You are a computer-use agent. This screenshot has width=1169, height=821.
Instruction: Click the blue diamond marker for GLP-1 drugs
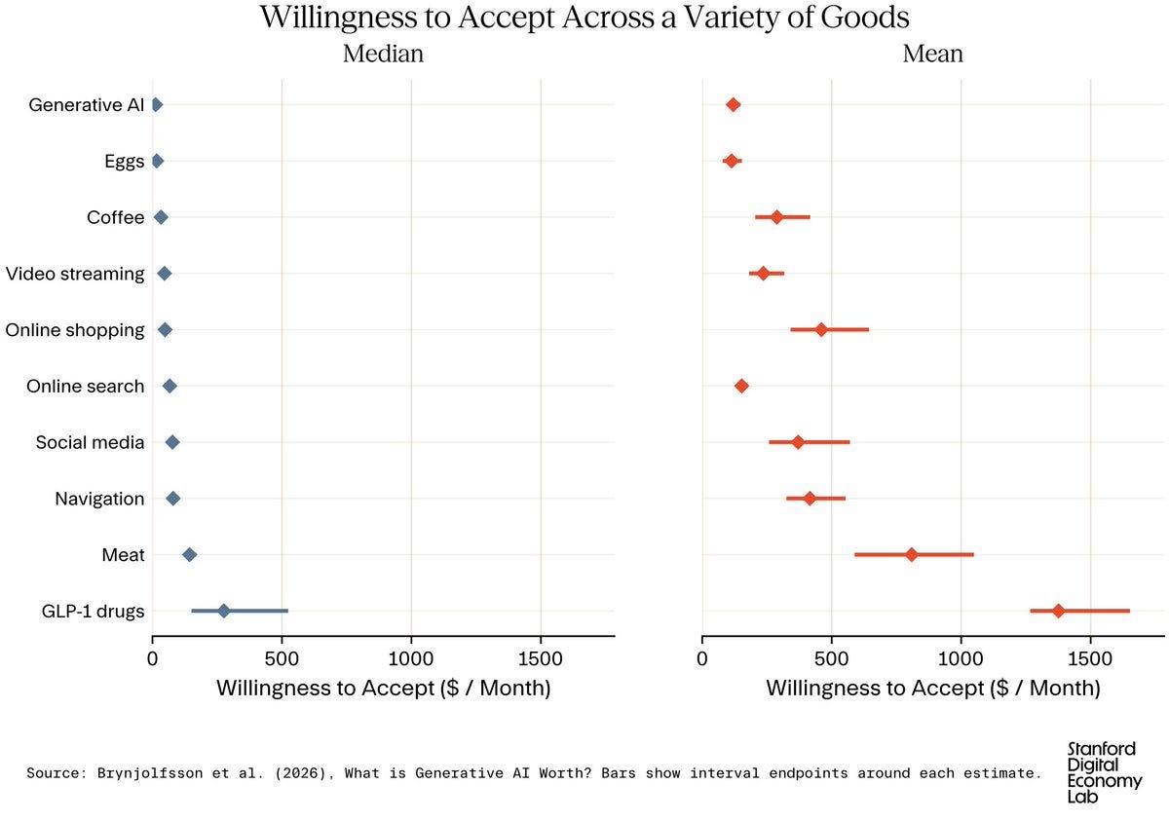[x=223, y=612]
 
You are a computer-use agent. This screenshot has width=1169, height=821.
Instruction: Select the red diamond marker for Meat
[x=911, y=555]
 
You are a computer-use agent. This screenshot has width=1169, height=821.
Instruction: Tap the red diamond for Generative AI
[x=734, y=105]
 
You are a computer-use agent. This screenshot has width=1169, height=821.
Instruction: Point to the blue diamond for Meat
[x=189, y=555]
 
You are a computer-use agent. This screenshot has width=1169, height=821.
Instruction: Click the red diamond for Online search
[x=741, y=387]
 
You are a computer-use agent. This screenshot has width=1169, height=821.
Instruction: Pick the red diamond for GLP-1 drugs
[x=1058, y=612]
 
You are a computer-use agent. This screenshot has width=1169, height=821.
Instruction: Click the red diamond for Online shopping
[x=821, y=330]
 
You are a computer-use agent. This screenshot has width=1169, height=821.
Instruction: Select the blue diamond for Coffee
[x=161, y=217]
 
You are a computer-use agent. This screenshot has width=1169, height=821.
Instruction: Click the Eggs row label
[x=125, y=162]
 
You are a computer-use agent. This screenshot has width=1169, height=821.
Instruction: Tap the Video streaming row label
[x=75, y=274]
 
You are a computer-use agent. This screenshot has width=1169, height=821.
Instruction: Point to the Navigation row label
[x=99, y=500]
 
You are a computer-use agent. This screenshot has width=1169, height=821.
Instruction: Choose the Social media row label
[x=90, y=442]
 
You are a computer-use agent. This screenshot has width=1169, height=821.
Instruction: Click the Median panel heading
[x=383, y=54]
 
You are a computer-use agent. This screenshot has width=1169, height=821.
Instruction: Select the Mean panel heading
[x=932, y=54]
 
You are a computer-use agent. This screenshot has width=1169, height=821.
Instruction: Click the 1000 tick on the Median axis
[x=411, y=659]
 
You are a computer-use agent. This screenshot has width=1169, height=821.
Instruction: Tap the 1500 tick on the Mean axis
[x=1090, y=659]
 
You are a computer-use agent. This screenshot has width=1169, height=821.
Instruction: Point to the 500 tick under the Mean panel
[x=831, y=659]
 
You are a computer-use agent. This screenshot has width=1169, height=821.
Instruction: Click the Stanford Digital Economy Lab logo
[x=1104, y=772]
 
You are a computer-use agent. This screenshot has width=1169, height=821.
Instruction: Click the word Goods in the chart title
[x=865, y=18]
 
